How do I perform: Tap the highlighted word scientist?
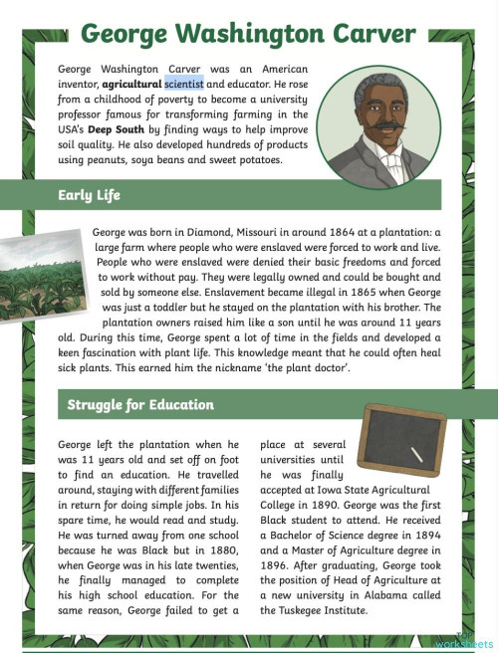(184, 84)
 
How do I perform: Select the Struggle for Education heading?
(140, 405)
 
